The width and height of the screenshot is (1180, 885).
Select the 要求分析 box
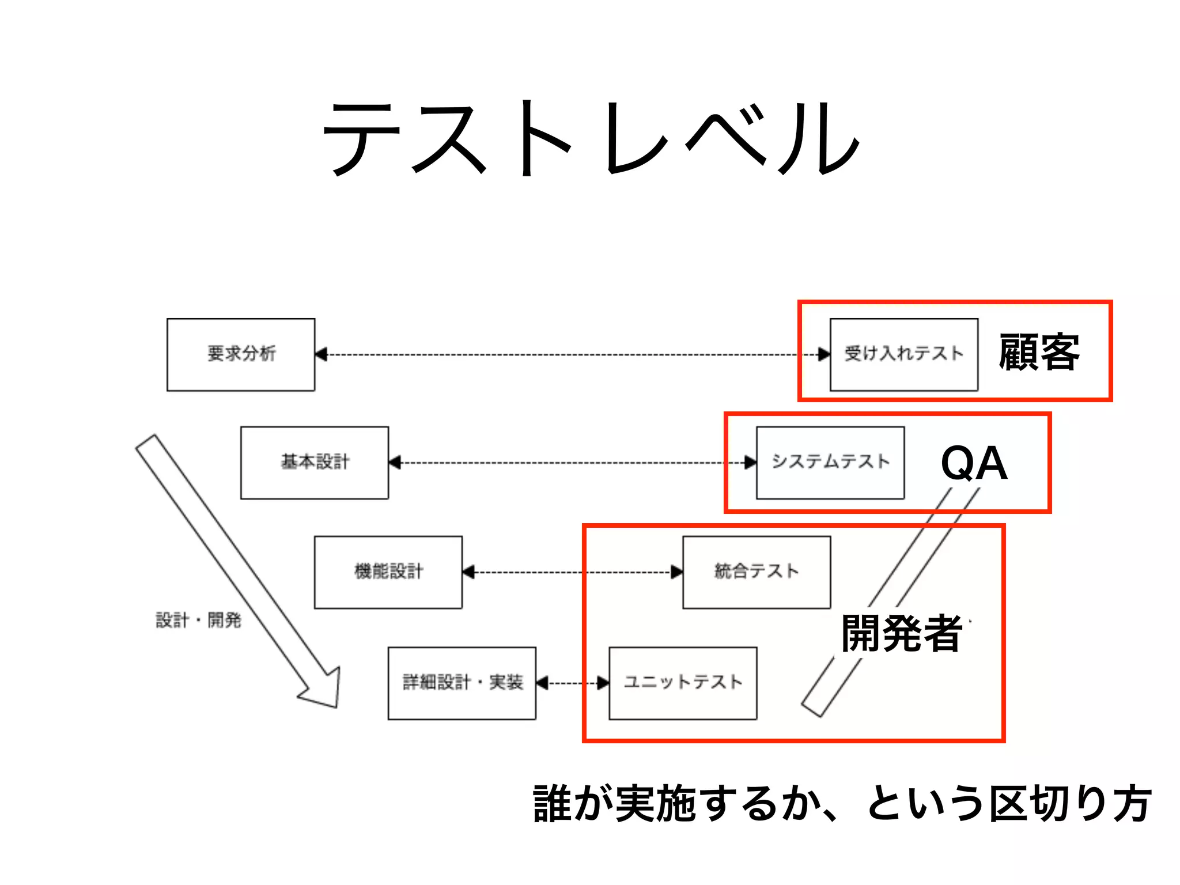(241, 354)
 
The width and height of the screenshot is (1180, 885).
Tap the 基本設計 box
(315, 463)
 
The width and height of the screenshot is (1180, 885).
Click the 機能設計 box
(388, 572)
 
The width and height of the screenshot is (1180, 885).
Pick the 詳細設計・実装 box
(462, 683)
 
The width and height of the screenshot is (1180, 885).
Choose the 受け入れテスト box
(903, 354)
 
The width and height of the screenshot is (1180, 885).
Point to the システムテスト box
(830, 463)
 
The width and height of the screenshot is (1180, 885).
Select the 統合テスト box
(757, 572)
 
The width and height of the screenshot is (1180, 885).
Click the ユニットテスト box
(683, 683)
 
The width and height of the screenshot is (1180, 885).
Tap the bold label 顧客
(1039, 352)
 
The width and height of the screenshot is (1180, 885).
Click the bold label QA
(974, 463)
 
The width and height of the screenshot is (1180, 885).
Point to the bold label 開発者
(902, 633)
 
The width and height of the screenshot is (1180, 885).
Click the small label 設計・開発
(199, 621)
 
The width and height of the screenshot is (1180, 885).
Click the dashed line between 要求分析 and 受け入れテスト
(570, 354)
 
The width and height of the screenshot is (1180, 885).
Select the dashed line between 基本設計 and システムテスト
(570, 463)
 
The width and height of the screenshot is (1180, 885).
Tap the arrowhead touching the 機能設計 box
(469, 572)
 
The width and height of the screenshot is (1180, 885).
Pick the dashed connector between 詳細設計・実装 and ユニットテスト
(573, 683)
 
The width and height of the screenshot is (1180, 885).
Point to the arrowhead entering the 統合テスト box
(676, 572)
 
